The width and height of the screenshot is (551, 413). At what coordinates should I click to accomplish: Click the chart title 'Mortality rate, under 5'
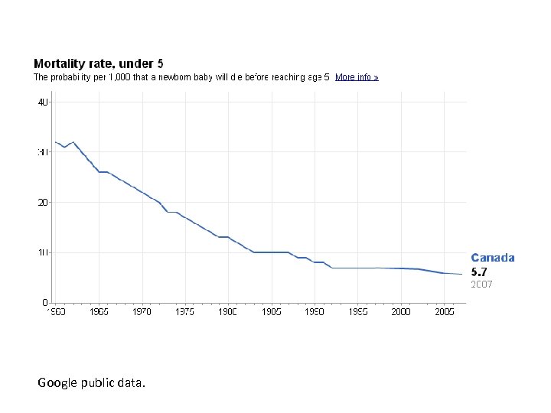[98, 64]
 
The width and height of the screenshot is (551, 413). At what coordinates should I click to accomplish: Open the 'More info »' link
[357, 77]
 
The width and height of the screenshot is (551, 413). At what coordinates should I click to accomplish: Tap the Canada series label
[493, 258]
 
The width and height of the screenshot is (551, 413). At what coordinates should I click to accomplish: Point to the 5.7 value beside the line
[478, 271]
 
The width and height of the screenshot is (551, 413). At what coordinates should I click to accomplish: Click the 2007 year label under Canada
[482, 284]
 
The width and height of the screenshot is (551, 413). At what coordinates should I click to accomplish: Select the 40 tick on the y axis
[44, 102]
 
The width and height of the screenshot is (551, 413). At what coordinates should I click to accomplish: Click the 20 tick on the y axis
[44, 202]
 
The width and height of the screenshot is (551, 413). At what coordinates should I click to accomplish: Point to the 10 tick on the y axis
[44, 252]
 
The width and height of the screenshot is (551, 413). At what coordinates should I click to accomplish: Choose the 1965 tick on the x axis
[99, 312]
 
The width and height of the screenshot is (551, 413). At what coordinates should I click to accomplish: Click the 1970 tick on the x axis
[142, 312]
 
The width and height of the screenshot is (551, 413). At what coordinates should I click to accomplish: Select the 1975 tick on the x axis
[185, 312]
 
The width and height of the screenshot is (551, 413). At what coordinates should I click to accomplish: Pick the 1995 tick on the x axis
[358, 312]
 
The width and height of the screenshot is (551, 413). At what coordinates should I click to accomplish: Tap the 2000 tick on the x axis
[401, 312]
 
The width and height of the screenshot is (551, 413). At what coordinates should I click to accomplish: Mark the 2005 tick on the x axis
[445, 312]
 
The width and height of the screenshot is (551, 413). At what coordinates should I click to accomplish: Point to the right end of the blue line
[461, 274]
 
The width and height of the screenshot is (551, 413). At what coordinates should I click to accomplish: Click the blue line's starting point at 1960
[56, 142]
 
